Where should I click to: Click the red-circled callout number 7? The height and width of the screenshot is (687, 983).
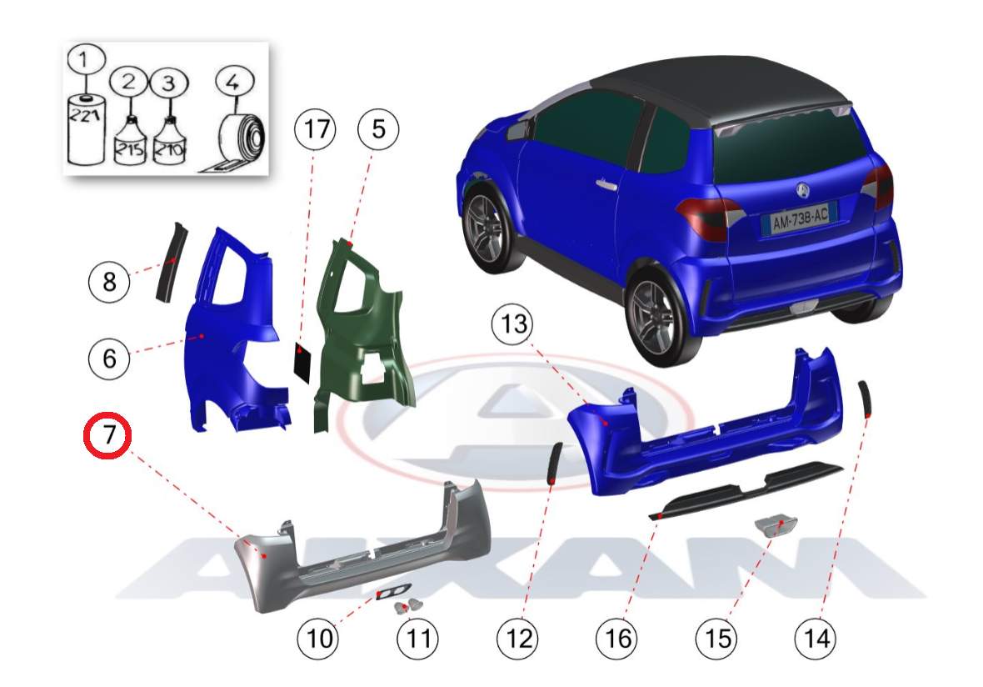[x=107, y=435]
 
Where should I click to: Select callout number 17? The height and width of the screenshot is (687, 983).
[x=316, y=129]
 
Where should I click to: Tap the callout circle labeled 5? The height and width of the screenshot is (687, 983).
[x=378, y=129]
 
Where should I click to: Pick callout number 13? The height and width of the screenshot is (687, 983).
[x=513, y=324]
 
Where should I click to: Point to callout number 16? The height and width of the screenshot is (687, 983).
[x=617, y=639]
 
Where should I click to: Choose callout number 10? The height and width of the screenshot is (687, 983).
[x=318, y=639]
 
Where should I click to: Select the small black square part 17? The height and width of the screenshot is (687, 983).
[x=302, y=362]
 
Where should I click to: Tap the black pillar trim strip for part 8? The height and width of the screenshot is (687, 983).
[x=171, y=263]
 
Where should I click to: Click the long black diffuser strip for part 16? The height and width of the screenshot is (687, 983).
[x=746, y=490]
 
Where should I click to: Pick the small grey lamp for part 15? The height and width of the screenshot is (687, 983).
[x=776, y=524]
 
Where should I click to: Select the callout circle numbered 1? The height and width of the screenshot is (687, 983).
[x=86, y=60]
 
